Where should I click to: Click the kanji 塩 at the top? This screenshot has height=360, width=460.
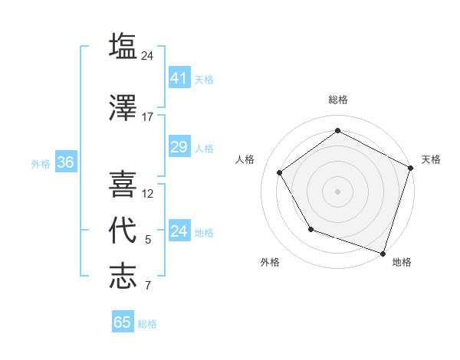point(123,46)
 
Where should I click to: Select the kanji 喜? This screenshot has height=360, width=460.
point(123,185)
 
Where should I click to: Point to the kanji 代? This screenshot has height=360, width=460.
point(123,230)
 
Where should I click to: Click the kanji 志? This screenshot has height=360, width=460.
point(123,276)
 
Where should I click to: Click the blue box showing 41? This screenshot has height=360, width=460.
point(179,77)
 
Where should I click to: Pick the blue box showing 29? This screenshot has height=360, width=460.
point(179,146)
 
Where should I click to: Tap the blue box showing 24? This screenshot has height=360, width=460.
point(179,231)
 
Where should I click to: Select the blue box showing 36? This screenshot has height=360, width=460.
point(65,162)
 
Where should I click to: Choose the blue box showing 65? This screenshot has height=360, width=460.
point(123,322)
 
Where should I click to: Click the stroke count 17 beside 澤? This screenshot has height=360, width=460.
point(148,117)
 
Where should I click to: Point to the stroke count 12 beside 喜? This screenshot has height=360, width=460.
point(148,194)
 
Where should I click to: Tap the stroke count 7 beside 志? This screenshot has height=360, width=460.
point(148,286)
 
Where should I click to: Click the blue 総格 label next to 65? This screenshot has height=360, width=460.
point(147,324)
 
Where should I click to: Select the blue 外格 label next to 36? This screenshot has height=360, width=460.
point(41,163)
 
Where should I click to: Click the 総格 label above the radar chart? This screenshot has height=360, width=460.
point(337,100)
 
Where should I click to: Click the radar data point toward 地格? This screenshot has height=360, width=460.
point(383,252)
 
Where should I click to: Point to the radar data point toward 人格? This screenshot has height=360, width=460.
point(280,172)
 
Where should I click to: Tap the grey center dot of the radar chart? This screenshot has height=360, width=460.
point(337,191)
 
